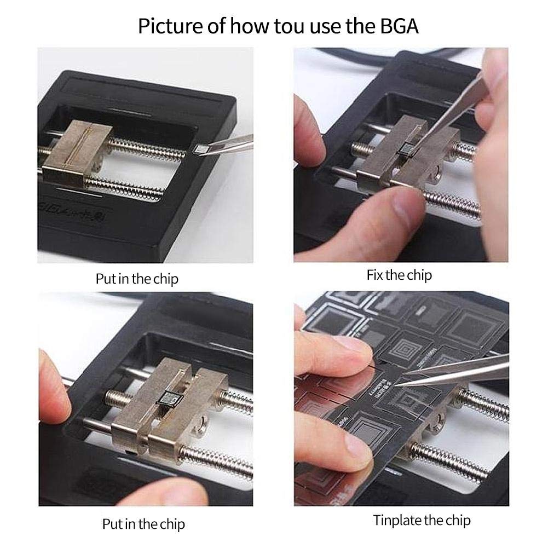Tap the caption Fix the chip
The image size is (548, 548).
tap(399, 275)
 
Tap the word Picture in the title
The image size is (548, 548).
tap(167, 25)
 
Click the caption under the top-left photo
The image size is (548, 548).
tap(137, 279)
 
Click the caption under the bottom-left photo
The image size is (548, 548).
tap(143, 524)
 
